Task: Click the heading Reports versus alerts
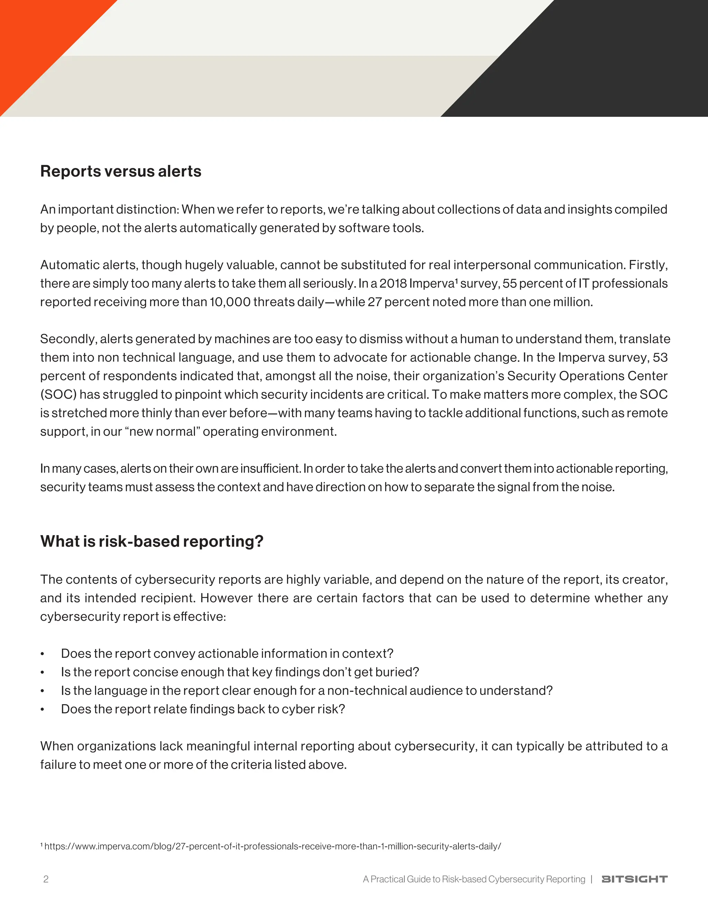[x=120, y=171]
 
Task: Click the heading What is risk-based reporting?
[x=151, y=541]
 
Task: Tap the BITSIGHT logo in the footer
[x=634, y=879]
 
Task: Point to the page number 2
[x=46, y=879]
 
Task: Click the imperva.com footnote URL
[x=273, y=847]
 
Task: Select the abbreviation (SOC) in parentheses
[x=58, y=395]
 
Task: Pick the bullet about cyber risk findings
[x=203, y=709]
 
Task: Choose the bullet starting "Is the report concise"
[x=240, y=672]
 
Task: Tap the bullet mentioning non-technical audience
[x=307, y=690]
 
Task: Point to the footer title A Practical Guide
[x=474, y=879]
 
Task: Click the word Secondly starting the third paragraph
[x=68, y=339]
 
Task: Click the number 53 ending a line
[x=660, y=357]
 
